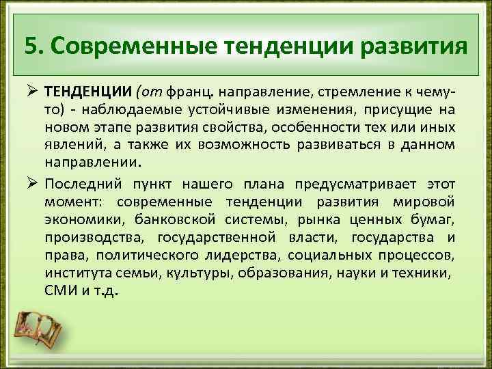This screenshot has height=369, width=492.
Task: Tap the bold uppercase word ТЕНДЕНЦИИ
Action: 88,92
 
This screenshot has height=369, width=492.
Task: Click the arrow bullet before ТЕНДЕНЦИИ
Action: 31,92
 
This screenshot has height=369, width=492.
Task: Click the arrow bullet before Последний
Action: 31,184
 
